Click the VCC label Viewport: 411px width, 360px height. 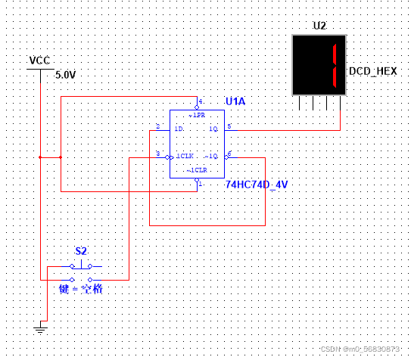39,61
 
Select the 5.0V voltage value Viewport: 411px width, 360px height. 66,75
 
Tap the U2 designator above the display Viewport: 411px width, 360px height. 320,26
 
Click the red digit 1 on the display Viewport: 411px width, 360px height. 331,65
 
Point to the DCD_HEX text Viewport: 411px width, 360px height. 372,71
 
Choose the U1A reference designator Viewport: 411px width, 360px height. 235,101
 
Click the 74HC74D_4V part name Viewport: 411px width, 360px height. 257,185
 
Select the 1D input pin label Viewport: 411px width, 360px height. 179,129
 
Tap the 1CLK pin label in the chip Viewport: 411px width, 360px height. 185,157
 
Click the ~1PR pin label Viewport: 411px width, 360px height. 196,115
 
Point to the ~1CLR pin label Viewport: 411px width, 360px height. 196,169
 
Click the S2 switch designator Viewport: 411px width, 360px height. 81,250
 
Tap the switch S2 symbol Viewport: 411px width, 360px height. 81,266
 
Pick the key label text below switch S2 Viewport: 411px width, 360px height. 81,289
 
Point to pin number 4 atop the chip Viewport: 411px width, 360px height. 201,101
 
